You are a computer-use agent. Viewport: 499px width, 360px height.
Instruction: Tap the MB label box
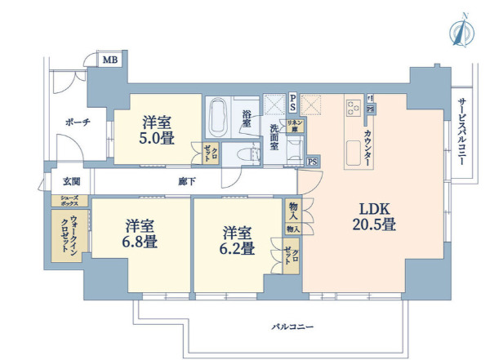click(x=108, y=60)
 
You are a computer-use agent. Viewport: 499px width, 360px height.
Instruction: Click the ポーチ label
click(x=75, y=122)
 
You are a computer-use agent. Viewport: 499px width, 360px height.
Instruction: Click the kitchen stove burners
click(x=354, y=105)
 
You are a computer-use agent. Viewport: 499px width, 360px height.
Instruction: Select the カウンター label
click(x=368, y=149)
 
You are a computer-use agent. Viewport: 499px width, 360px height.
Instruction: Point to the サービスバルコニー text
click(x=462, y=131)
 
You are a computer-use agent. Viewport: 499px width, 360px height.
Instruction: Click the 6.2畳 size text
click(x=238, y=247)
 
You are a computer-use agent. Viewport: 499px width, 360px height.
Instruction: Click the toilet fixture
click(x=241, y=152)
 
